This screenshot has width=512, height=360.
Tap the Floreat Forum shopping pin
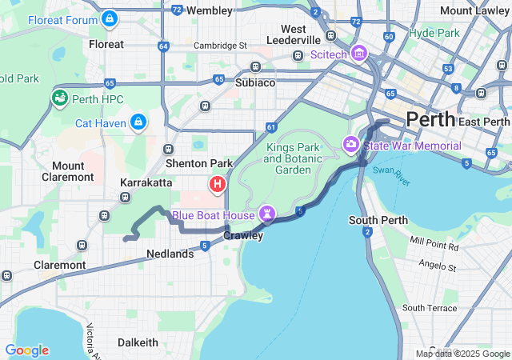(110, 18)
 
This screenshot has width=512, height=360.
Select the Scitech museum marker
(358, 54)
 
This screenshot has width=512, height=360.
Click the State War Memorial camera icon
(350, 146)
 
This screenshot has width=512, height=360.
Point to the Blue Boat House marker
(266, 214)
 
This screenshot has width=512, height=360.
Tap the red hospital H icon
(217, 186)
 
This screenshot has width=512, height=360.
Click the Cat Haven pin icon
(138, 122)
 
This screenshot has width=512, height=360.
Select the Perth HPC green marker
(58, 98)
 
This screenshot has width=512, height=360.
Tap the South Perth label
(379, 220)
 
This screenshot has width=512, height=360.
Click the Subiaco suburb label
(255, 82)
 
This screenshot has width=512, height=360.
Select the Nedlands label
(170, 254)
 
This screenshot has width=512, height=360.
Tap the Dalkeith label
(138, 342)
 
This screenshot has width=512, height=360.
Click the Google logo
(26, 350)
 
